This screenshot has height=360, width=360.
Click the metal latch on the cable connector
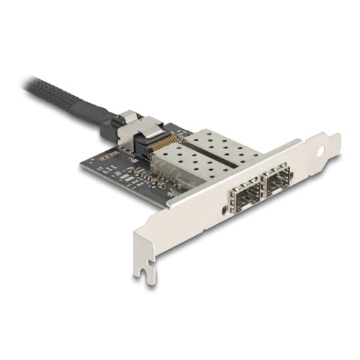[x=127, y=117]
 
